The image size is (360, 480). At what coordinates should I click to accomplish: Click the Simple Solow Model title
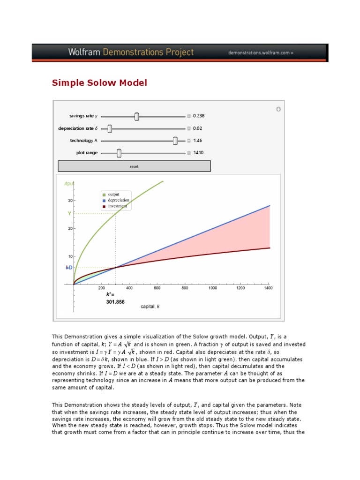tap(99, 83)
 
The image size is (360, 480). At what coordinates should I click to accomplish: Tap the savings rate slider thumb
tap(136, 116)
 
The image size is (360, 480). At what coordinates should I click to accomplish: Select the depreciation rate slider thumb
tap(110, 128)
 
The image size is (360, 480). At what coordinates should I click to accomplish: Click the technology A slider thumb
tap(175, 141)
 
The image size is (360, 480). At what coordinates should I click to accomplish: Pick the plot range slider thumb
tap(119, 153)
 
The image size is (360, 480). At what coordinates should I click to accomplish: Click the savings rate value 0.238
tap(199, 116)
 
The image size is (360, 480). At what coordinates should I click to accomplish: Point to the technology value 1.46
tap(197, 140)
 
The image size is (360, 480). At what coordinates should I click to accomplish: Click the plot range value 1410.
tap(199, 152)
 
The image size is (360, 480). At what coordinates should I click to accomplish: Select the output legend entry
tap(113, 195)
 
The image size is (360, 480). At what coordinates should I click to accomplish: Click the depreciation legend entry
tap(118, 200)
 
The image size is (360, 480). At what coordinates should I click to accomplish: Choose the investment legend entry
tap(117, 206)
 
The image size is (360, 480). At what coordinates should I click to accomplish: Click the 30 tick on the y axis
tap(70, 200)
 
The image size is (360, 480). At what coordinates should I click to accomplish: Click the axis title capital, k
tap(150, 307)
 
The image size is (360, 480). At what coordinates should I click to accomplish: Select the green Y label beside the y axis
tap(69, 213)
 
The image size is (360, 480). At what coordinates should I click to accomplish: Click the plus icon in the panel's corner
tap(278, 109)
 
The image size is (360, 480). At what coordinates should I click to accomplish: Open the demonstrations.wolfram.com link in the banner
tap(261, 53)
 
